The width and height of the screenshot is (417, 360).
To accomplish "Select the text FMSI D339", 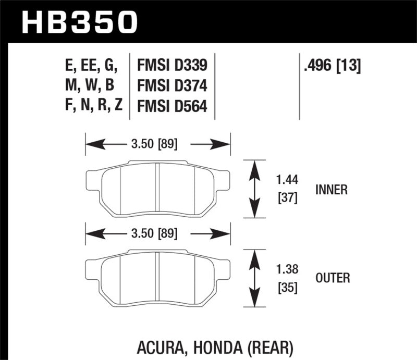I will (172, 66).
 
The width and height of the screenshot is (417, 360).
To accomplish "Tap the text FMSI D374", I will (172, 86).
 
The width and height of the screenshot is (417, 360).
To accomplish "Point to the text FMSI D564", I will (172, 106).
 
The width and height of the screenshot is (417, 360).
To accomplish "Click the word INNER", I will (331, 190).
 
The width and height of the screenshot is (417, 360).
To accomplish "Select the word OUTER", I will (333, 278).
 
